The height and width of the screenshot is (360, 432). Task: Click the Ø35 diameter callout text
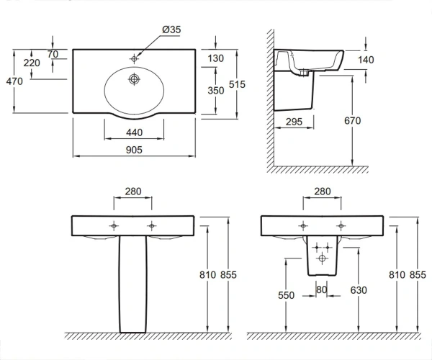click(x=171, y=30)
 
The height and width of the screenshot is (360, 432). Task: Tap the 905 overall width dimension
click(x=134, y=150)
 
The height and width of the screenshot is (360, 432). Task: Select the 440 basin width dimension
click(x=134, y=132)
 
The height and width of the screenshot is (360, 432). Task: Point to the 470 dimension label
click(x=14, y=81)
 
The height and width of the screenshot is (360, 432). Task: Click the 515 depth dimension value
click(x=237, y=84)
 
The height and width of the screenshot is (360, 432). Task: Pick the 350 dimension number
click(x=216, y=90)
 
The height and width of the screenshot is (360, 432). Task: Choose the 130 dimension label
click(x=216, y=58)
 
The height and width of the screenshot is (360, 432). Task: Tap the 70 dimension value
click(x=53, y=54)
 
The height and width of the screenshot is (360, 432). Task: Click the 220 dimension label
click(x=32, y=63)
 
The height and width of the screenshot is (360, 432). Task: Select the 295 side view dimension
click(x=294, y=122)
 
